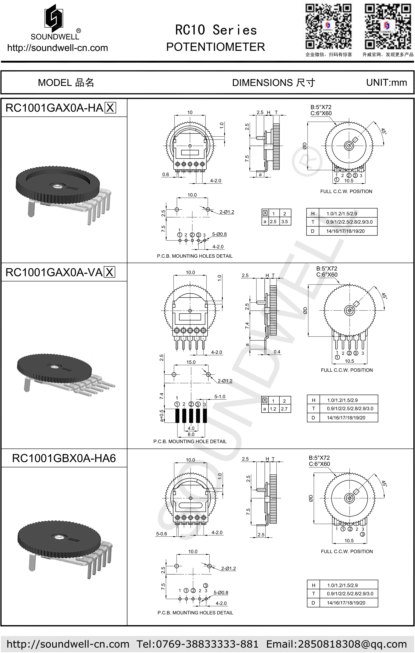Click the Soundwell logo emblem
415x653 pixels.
pyautogui.click(x=54, y=17)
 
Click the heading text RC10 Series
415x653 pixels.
pyautogui.click(x=216, y=30)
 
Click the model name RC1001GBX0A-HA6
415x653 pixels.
pyautogui.click(x=64, y=458)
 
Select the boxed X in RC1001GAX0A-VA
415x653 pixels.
pyautogui.click(x=110, y=272)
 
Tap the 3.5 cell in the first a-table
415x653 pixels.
pyautogui.click(x=284, y=222)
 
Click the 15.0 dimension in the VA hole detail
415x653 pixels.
pyautogui.click(x=191, y=362)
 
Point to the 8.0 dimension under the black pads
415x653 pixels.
pyautogui.click(x=191, y=434)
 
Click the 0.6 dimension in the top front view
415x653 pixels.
pyautogui.click(x=166, y=174)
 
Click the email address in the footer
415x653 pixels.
pyautogui.click(x=336, y=644)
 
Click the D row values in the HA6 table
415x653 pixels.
pyautogui.click(x=346, y=603)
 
